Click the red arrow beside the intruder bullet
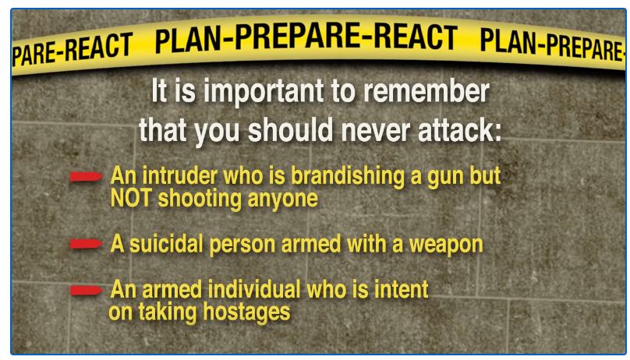(87, 177)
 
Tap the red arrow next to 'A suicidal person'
(87, 244)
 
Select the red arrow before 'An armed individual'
(87, 290)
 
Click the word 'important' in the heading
(264, 92)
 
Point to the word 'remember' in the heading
(426, 91)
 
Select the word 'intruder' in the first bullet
(180, 176)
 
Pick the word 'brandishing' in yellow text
(348, 176)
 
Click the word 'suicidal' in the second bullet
(166, 244)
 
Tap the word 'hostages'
(246, 312)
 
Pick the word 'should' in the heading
(290, 130)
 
